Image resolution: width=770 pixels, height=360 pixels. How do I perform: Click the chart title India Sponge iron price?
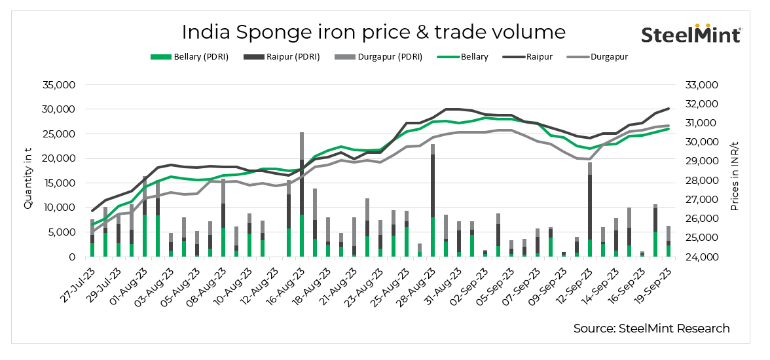click(373, 32)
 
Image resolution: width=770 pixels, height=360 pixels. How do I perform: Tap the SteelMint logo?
click(690, 34)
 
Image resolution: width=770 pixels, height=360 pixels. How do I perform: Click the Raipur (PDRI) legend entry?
click(287, 57)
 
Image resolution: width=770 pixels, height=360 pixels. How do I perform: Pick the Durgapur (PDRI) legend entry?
click(384, 57)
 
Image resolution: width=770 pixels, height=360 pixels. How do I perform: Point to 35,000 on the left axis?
click(61, 85)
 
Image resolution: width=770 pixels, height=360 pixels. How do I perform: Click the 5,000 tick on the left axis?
click(64, 232)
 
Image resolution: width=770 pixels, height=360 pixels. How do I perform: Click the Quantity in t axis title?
click(28, 171)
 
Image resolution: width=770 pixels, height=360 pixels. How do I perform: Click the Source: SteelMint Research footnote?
click(651, 329)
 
